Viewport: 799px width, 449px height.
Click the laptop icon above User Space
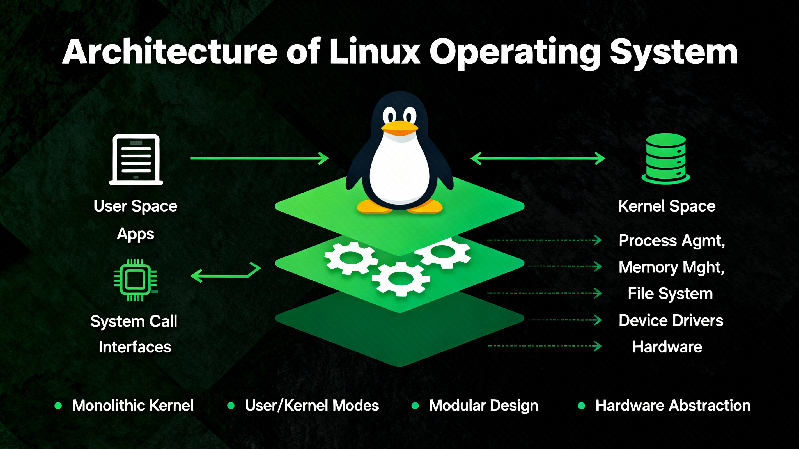136,159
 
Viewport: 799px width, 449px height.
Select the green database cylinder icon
666,159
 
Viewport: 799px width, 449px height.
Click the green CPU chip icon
135,280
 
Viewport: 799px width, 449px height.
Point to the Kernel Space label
667,206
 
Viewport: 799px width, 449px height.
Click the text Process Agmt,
672,241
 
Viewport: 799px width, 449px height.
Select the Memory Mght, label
671,267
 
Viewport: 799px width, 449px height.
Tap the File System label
670,294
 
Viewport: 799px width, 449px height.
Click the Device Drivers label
671,320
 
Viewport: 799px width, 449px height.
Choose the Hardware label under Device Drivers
667,347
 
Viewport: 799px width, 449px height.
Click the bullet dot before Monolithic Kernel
58,406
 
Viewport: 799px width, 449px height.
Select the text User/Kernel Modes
312,406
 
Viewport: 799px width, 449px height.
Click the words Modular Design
483,406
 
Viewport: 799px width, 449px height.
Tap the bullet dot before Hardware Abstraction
582,406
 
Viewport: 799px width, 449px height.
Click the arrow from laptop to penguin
259,158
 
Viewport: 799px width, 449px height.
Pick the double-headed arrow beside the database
538,158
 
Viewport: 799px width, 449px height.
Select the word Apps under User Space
135,234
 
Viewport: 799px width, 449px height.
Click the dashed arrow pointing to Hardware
544,346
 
